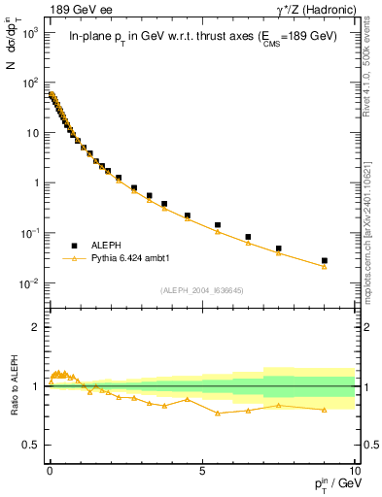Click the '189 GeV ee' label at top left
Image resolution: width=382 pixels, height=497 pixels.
[x=80, y=10]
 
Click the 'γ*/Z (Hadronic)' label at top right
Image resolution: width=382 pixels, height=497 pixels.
[x=313, y=10]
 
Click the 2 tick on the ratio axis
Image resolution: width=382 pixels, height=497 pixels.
[x=37, y=327]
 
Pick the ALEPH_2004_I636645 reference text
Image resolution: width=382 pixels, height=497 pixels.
[x=201, y=290]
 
